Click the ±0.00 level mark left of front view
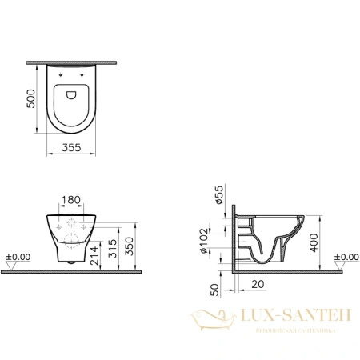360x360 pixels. pyautogui.click(x=18, y=257)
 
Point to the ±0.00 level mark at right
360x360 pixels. pyautogui.click(x=341, y=257)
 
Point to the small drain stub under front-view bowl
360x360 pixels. pyautogui.click(x=71, y=262)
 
